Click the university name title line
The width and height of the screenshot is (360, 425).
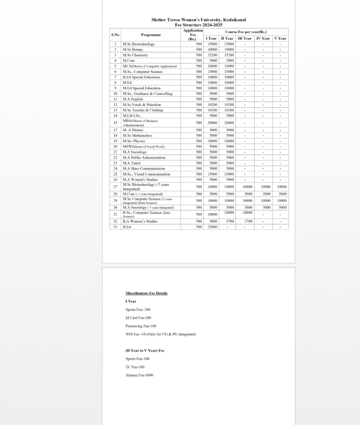coord(198,20)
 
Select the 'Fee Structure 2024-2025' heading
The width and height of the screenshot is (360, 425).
coord(198,24)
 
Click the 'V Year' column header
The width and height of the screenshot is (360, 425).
coord(280,38)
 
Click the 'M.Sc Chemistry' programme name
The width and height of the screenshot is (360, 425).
coord(135,55)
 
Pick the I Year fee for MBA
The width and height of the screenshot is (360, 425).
coord(212,123)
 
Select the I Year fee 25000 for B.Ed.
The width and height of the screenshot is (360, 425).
coord(212,227)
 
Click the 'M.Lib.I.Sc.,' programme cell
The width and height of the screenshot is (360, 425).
coord(133,115)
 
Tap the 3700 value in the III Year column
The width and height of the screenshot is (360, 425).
coord(248,222)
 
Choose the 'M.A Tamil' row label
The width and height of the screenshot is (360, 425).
coord(132,163)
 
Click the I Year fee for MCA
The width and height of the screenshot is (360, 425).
coord(212,66)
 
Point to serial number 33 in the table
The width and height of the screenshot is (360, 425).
coord(115,227)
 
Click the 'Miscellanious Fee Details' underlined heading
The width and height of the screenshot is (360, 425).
coord(146,293)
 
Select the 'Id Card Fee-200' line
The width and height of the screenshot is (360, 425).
coord(138,318)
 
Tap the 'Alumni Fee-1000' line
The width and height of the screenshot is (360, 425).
coord(139,375)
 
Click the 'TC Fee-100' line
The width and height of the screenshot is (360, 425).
coord(135,367)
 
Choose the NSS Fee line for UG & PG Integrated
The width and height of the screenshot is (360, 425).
coord(161,334)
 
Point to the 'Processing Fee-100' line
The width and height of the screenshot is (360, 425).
coord(141,326)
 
